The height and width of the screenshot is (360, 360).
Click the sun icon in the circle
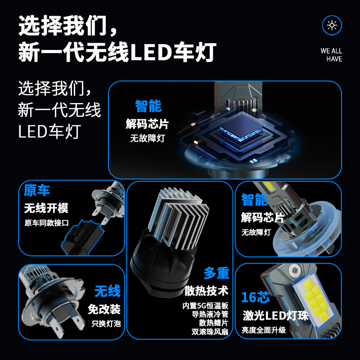point(332,25)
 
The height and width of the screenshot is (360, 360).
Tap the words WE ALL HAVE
point(331,55)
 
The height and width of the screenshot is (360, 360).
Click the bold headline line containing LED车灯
point(117,52)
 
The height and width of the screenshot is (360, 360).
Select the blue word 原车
point(37,190)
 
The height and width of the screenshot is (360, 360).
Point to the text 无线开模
point(46,208)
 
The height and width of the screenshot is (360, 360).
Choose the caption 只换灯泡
point(106,323)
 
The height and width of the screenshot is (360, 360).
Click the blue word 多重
point(216,273)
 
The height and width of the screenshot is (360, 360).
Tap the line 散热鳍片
point(214,323)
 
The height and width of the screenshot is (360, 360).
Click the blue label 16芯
point(255,297)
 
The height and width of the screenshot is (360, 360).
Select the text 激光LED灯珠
point(275,315)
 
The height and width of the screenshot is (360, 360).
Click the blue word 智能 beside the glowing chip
point(148,107)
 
